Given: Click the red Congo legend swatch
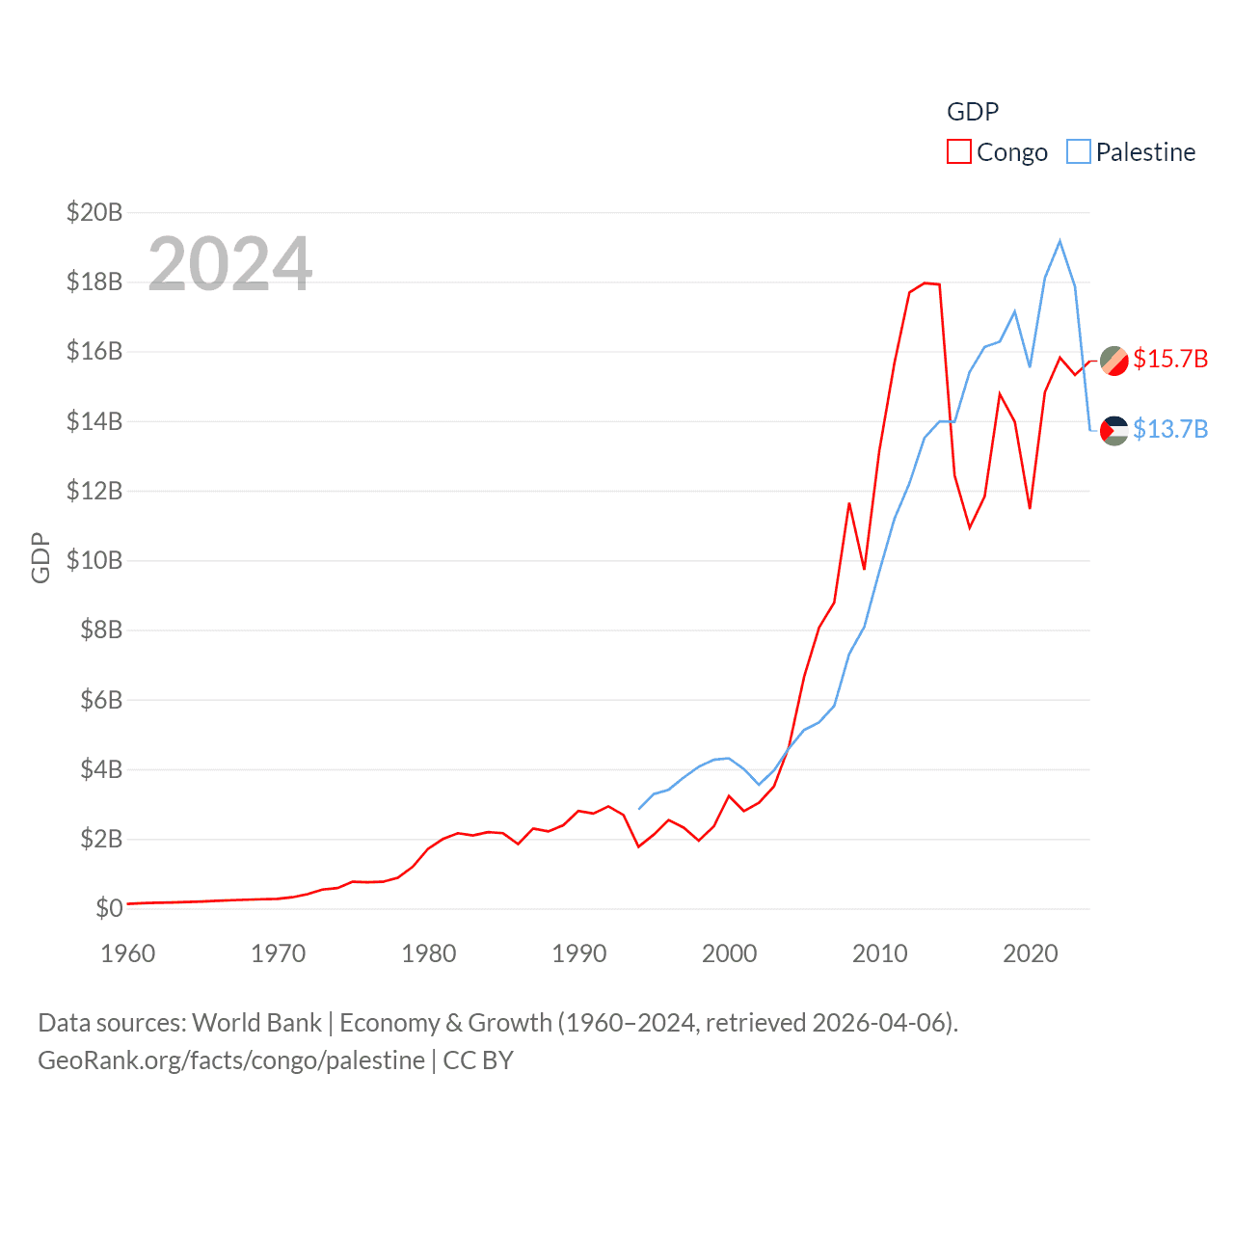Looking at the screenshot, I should pos(958,152).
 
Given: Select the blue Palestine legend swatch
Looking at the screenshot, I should pos(1078,152).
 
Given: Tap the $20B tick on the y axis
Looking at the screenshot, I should pos(94,212).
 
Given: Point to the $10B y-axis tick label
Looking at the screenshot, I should pos(94,560).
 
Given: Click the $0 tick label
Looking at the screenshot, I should pos(109,908).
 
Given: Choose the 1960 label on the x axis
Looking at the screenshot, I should pos(128,953).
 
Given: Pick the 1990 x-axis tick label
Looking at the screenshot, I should pos(579,953).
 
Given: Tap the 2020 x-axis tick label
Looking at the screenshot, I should pos(1031,953).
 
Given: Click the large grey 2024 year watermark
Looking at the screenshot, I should pos(229,263).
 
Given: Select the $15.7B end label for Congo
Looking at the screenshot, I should pos(1170,359).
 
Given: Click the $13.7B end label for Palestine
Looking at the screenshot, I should pos(1170,429).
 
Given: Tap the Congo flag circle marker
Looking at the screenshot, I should pos(1114,360).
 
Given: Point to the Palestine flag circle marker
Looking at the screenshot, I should pos(1114,430).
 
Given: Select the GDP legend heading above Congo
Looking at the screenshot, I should pos(973,112).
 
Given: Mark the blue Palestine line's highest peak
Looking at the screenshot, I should pos(1060,241).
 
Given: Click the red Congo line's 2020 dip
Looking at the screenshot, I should pos(1030,508).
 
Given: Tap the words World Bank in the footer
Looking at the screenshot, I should pos(256,1023).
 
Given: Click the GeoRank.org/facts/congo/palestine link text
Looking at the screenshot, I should pos(231,1060).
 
